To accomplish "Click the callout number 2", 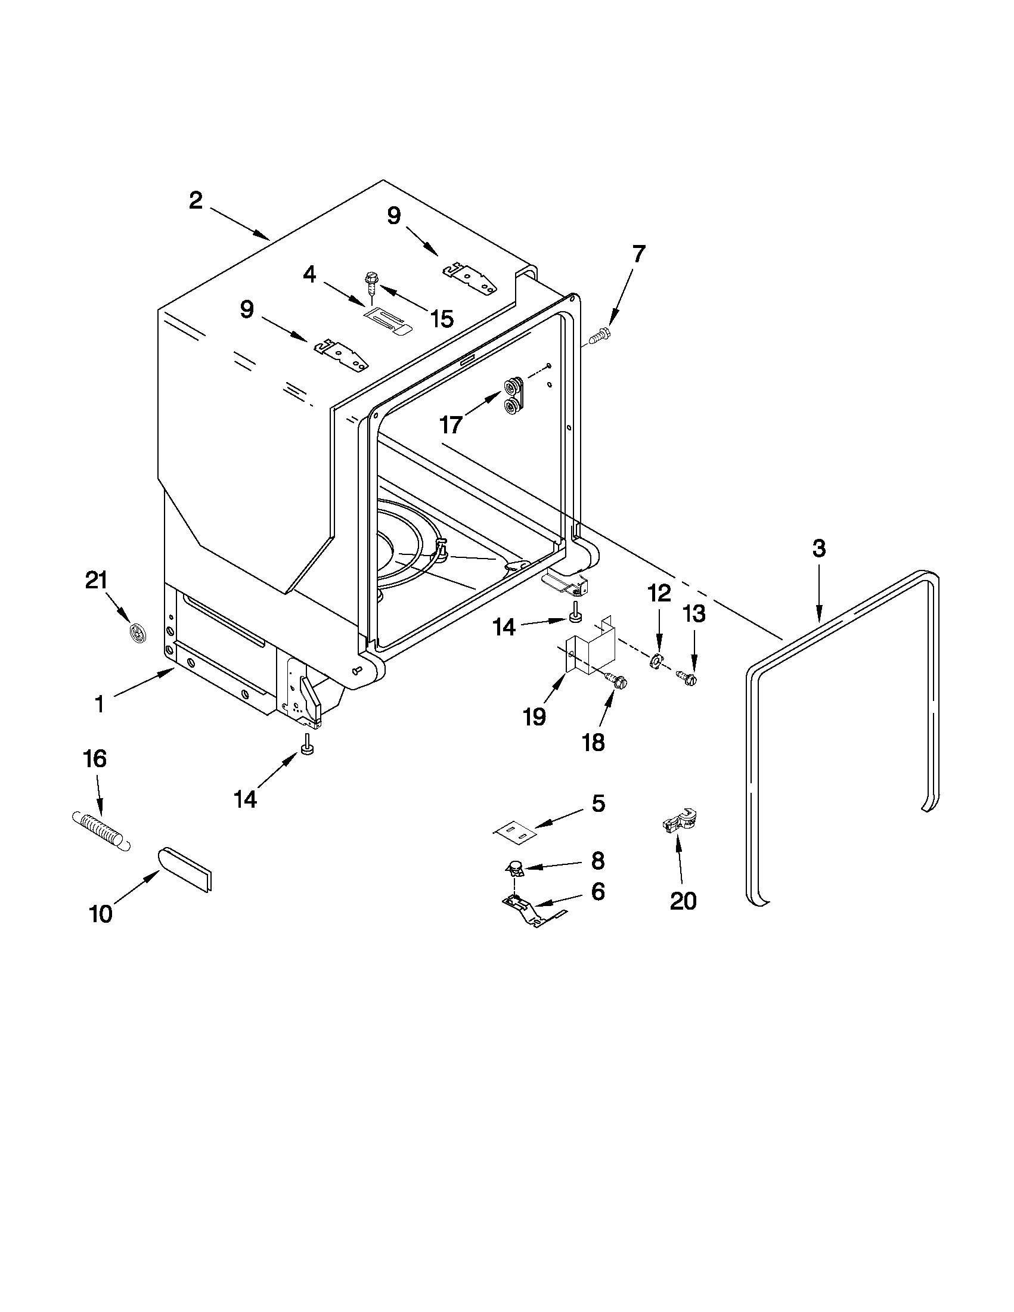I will tap(196, 201).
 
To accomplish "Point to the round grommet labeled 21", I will tap(139, 634).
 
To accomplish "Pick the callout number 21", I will tap(97, 581).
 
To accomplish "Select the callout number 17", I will tap(451, 425).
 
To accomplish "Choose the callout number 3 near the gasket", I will tap(818, 548).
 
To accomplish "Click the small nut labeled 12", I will tap(656, 662).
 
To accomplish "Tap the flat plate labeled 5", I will tap(514, 832).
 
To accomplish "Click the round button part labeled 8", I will tap(514, 866).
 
